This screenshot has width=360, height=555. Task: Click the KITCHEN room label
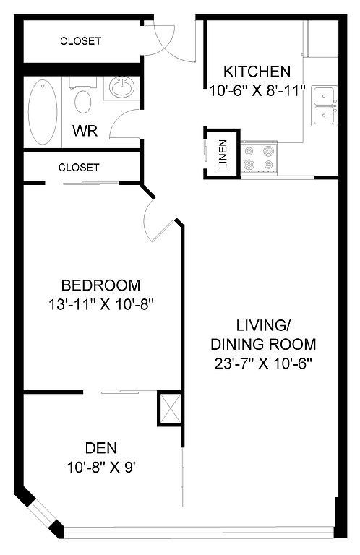[x=257, y=72]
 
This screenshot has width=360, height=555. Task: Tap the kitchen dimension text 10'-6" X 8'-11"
[x=257, y=91]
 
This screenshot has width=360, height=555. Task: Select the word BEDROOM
[x=101, y=285]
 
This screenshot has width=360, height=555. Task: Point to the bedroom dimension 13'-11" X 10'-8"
[x=101, y=304]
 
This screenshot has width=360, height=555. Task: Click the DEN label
[x=101, y=448]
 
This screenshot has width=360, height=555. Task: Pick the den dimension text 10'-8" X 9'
[x=101, y=468]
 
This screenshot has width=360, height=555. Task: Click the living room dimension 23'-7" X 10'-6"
[x=263, y=363]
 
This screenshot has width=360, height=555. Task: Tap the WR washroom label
[x=85, y=131]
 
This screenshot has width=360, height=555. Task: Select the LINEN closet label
[x=223, y=155]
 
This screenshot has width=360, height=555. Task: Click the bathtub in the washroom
[x=43, y=112]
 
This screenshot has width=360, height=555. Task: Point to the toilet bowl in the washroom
[x=83, y=102]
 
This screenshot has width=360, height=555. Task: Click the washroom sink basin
[x=121, y=87]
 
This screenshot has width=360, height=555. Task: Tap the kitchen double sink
[x=324, y=106]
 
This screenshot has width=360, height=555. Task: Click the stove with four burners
[x=259, y=158]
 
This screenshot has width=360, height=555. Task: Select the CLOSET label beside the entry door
[x=80, y=41]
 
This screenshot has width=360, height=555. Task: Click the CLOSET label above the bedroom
[x=79, y=167]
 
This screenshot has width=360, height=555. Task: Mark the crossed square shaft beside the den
[x=171, y=408]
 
